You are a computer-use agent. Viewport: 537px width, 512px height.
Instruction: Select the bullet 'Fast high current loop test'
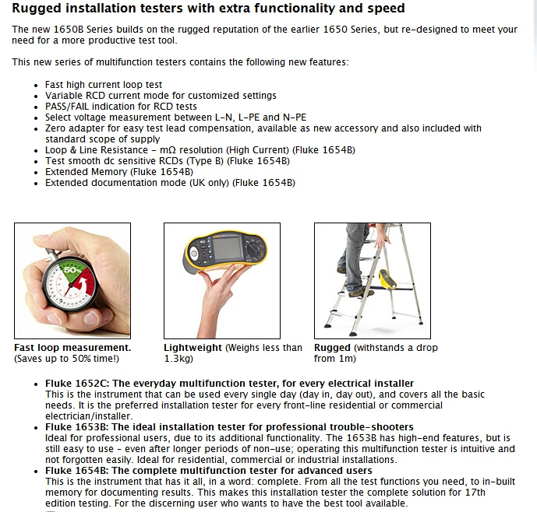click(x=104, y=85)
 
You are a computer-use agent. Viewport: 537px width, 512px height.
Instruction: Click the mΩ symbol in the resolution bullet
click(x=168, y=150)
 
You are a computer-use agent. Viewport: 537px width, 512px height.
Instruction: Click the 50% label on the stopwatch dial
click(x=72, y=270)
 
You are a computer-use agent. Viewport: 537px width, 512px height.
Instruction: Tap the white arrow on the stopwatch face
click(x=81, y=285)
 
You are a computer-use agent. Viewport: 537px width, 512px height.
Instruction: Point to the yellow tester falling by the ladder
click(x=388, y=279)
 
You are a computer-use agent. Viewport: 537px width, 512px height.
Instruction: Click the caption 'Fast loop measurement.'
click(x=72, y=348)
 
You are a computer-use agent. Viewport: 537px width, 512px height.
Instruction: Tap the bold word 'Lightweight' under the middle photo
click(x=193, y=348)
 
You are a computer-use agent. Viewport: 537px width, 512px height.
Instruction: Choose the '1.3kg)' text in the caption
click(x=178, y=359)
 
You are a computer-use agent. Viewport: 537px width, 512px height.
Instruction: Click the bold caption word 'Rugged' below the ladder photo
click(x=332, y=348)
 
